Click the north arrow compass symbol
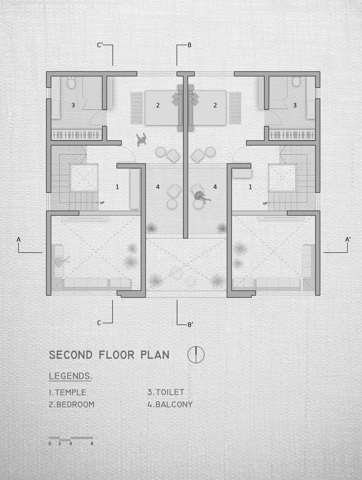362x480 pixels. click(x=196, y=355)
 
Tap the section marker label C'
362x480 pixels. click(x=100, y=45)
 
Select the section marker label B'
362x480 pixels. click(x=190, y=325)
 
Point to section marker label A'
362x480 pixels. click(x=348, y=240)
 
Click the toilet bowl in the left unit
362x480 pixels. click(x=71, y=83)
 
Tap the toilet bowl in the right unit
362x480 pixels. click(x=296, y=81)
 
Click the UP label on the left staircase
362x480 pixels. click(x=102, y=203)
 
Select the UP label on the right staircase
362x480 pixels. click(x=265, y=203)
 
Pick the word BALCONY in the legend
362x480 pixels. click(x=174, y=404)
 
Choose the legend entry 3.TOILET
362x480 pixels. click(x=166, y=392)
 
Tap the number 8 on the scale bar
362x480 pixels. click(x=92, y=444)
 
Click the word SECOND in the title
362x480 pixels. click(x=71, y=355)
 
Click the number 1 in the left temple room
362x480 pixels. click(x=117, y=187)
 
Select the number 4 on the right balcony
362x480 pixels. click(x=215, y=187)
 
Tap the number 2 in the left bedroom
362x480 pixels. click(x=158, y=105)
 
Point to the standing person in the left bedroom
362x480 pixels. click(x=141, y=140)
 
